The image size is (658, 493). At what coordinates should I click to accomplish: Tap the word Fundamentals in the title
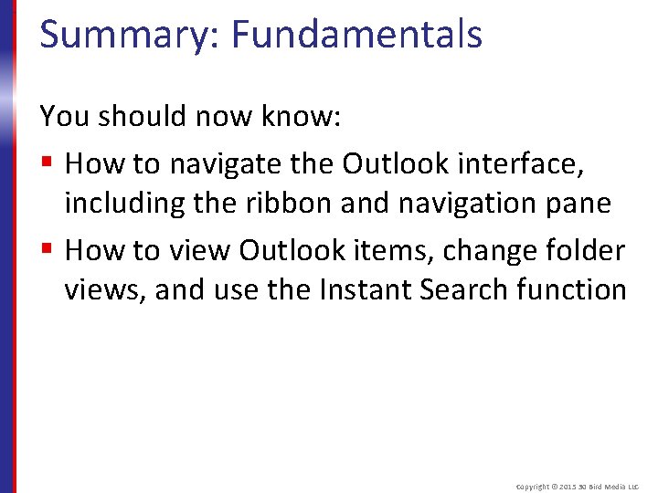356,35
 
